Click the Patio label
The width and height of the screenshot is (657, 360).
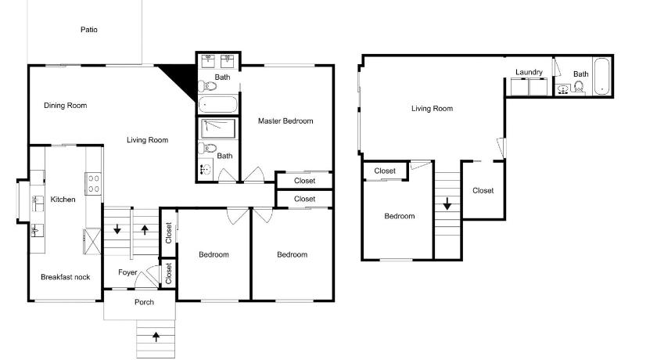(89, 29)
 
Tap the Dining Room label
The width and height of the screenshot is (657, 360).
(66, 105)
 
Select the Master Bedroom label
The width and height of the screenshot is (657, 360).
(285, 121)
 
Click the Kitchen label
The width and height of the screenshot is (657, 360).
(63, 199)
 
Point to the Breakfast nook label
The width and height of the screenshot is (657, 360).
(66, 276)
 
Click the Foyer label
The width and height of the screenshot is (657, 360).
(127, 272)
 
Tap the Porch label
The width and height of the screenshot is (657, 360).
(144, 302)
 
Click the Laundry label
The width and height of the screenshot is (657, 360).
(529, 72)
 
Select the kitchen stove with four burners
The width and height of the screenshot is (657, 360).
(93, 184)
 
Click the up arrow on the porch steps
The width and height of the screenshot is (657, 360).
(156, 336)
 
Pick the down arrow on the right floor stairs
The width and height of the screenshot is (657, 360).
(447, 203)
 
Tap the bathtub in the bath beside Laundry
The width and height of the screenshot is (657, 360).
(602, 76)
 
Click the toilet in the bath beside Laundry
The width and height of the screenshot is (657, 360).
(579, 87)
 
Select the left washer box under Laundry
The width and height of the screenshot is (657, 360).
(519, 87)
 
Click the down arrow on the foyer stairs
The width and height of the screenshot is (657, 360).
(117, 229)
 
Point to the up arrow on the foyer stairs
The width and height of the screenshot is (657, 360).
(145, 229)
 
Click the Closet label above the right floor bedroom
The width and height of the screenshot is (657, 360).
(385, 171)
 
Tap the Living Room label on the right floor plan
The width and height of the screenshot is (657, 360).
(432, 108)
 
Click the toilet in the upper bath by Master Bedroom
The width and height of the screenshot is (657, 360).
(207, 86)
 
